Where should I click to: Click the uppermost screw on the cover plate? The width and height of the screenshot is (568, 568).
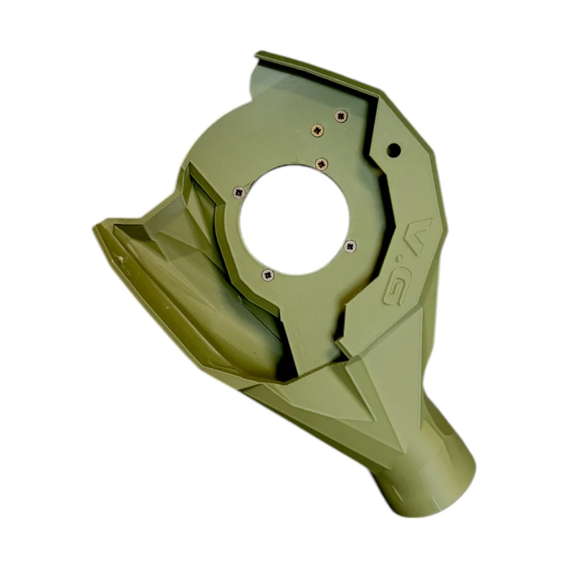pyautogui.click(x=341, y=116)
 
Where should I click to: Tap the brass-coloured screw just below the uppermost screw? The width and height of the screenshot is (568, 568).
pyautogui.click(x=318, y=130)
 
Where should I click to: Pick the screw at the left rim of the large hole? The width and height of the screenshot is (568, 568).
pyautogui.click(x=238, y=192)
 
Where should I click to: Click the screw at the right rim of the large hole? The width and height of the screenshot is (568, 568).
pyautogui.click(x=350, y=246)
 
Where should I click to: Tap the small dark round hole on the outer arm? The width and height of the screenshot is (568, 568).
pyautogui.click(x=394, y=149)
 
